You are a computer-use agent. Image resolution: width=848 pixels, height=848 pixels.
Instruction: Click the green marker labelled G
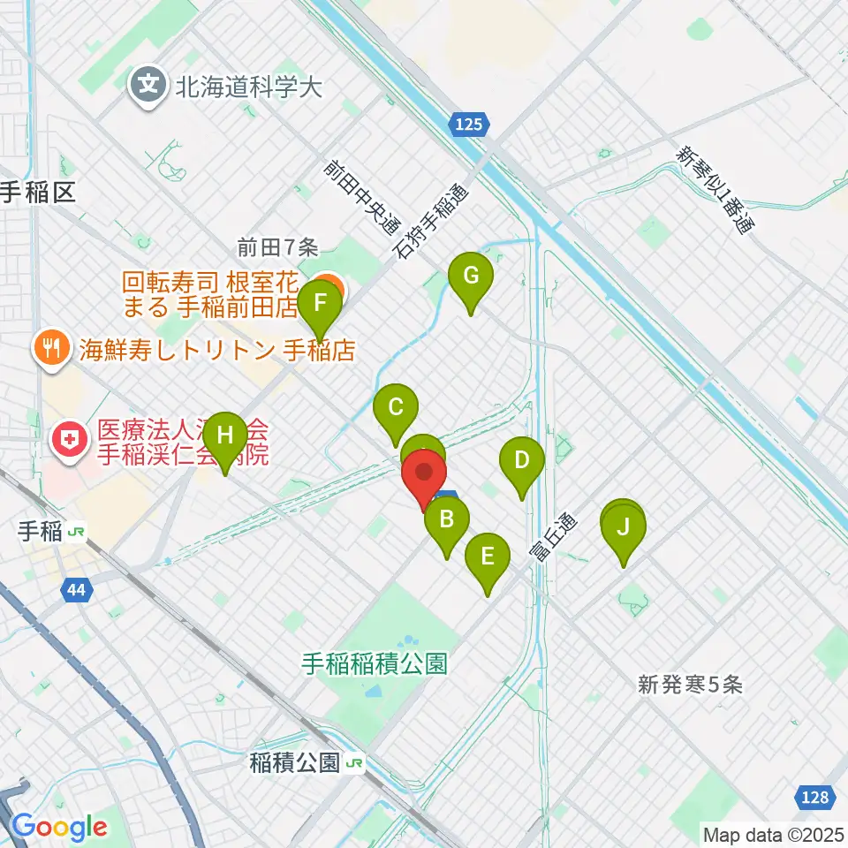(x=471, y=276)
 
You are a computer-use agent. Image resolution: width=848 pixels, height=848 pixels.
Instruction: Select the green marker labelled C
(x=396, y=408)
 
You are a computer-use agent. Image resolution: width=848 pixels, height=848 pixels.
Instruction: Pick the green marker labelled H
(x=225, y=435)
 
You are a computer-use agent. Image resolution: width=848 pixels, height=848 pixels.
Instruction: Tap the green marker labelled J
(x=624, y=529)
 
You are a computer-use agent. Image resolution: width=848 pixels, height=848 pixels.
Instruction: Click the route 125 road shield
(x=469, y=125)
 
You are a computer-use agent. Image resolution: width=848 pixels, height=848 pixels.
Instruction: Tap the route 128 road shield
(x=816, y=798)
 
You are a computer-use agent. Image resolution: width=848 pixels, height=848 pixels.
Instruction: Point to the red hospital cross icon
(x=67, y=439)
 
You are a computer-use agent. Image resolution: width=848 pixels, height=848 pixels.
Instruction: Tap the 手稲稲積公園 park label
(x=376, y=662)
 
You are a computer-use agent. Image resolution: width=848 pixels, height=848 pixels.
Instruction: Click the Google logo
(x=58, y=827)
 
